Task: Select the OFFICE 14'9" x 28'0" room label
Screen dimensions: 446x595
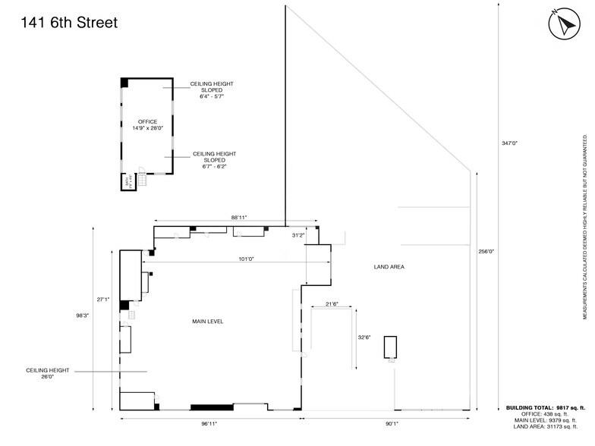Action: pos(147,125)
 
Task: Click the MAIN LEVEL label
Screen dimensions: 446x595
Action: pos(207,322)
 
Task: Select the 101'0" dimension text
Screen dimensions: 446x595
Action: pos(246,259)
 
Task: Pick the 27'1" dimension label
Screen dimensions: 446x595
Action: pos(103,278)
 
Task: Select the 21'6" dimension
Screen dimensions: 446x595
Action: pos(331,303)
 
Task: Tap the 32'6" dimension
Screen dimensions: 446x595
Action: pos(364,338)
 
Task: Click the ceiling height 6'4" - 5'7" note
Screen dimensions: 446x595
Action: pos(212,90)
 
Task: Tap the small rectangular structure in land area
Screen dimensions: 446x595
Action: pos(391,347)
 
